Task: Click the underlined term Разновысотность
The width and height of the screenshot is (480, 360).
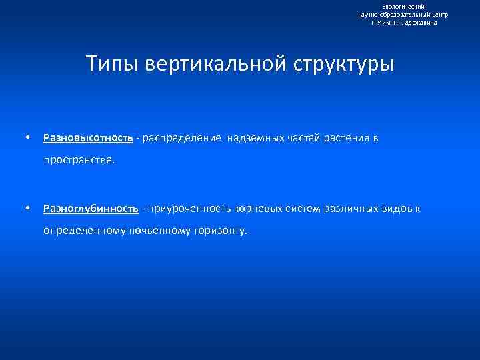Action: [x=88, y=138]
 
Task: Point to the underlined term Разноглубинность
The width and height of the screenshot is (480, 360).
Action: [x=91, y=209]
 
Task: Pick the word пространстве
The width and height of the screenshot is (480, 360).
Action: [x=79, y=160]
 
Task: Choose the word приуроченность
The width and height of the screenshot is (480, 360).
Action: [x=188, y=209]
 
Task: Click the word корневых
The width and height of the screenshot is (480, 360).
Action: [x=260, y=209]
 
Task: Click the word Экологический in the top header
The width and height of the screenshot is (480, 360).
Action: [x=403, y=7]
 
